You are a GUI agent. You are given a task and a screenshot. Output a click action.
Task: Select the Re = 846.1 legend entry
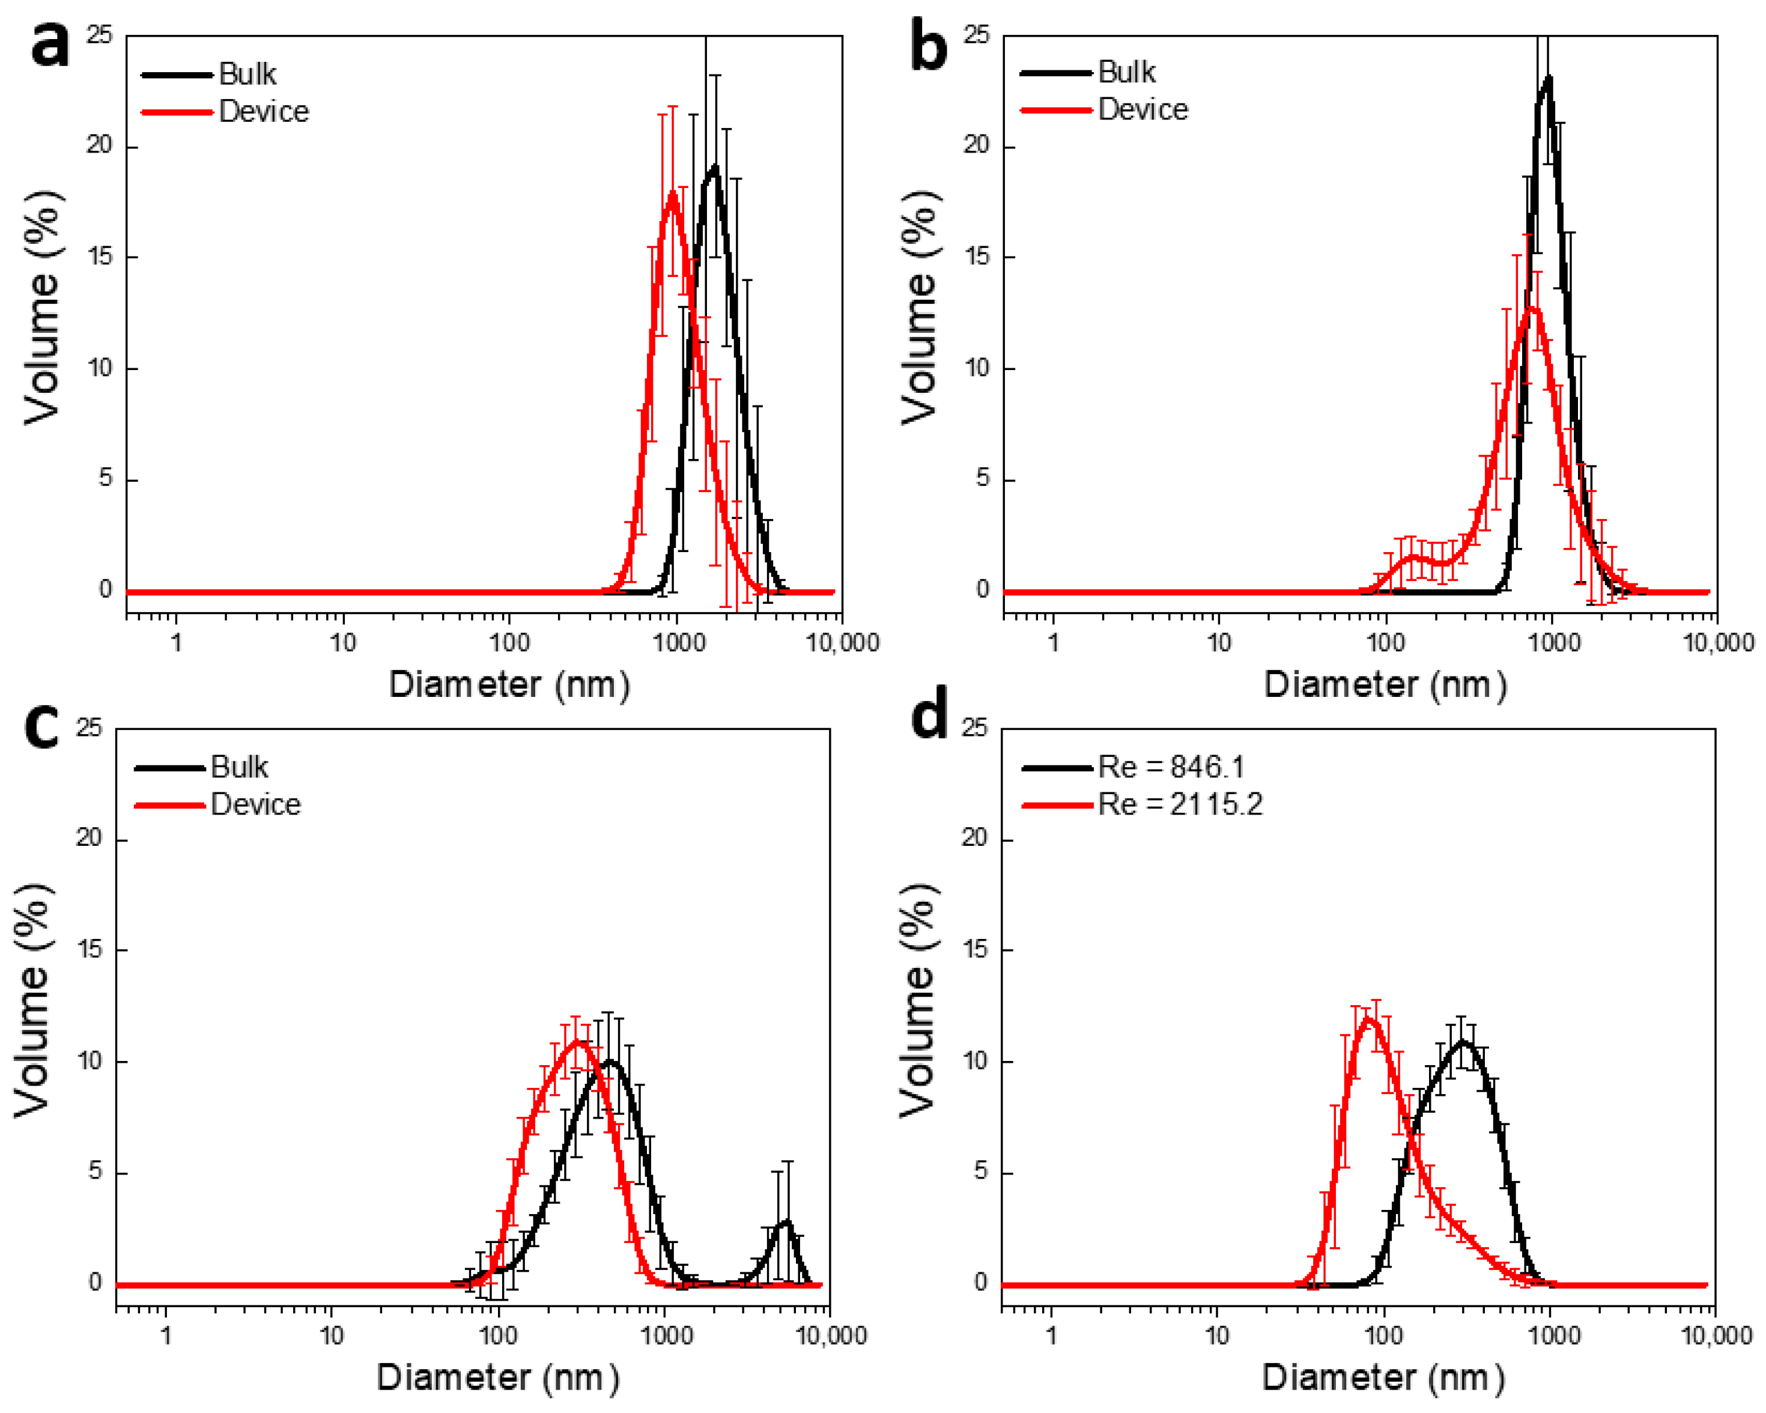pyautogui.click(x=1171, y=768)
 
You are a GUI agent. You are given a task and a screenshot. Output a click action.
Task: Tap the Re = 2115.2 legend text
pyautogui.click(x=1180, y=804)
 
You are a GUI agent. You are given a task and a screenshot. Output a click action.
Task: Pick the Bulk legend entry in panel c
pyautogui.click(x=238, y=768)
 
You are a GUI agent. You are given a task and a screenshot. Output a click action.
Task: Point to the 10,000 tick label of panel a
pyautogui.click(x=842, y=643)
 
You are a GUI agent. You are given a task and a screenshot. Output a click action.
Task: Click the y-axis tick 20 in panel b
pyautogui.click(x=976, y=146)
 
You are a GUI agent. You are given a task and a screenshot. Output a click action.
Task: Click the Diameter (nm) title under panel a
pyautogui.click(x=509, y=685)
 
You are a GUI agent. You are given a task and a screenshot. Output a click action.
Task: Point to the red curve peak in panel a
pyautogui.click(x=673, y=194)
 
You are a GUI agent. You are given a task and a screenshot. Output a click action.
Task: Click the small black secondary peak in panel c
pyautogui.click(x=786, y=1222)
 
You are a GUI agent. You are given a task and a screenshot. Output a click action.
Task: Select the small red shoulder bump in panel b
pyautogui.click(x=1412, y=558)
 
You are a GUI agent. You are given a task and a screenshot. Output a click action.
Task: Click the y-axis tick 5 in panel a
pyautogui.click(x=105, y=479)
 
